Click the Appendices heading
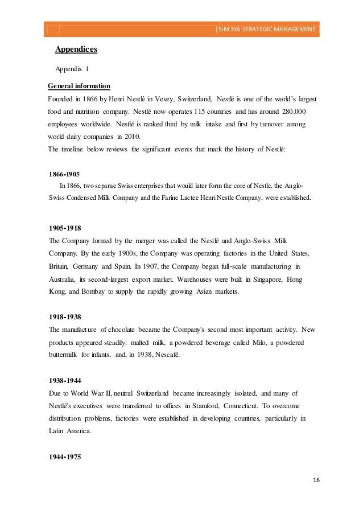click(x=76, y=50)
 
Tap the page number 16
click(x=316, y=479)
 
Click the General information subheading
click(x=79, y=86)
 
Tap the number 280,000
click(x=291, y=111)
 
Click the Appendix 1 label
click(x=72, y=69)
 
